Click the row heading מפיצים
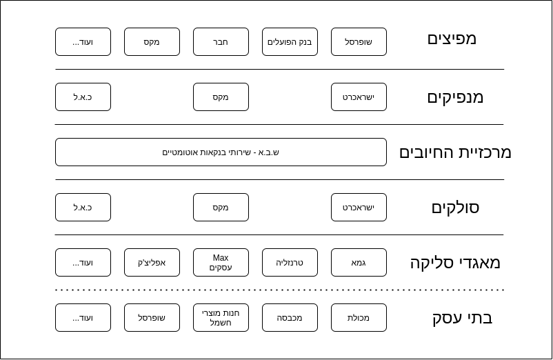[x=452, y=39]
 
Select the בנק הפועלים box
[x=290, y=42]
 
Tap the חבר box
[x=221, y=42]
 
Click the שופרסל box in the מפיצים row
[x=359, y=42]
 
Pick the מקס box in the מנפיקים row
[x=221, y=97]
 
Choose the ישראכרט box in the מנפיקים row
[x=359, y=97]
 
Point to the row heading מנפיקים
[x=455, y=97]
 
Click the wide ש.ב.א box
[x=221, y=152]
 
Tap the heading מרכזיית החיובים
[x=455, y=152]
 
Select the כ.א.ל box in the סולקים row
[x=83, y=208]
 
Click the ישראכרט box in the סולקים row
[x=359, y=208]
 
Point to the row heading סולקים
[x=455, y=208]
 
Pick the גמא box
[x=359, y=262]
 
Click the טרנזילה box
[x=290, y=262]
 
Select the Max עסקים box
[x=221, y=262]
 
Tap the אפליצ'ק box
[x=152, y=262]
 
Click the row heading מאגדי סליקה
[x=455, y=263]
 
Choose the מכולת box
[x=359, y=318]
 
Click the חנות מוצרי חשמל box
[x=221, y=318]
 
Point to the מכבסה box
[x=290, y=318]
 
